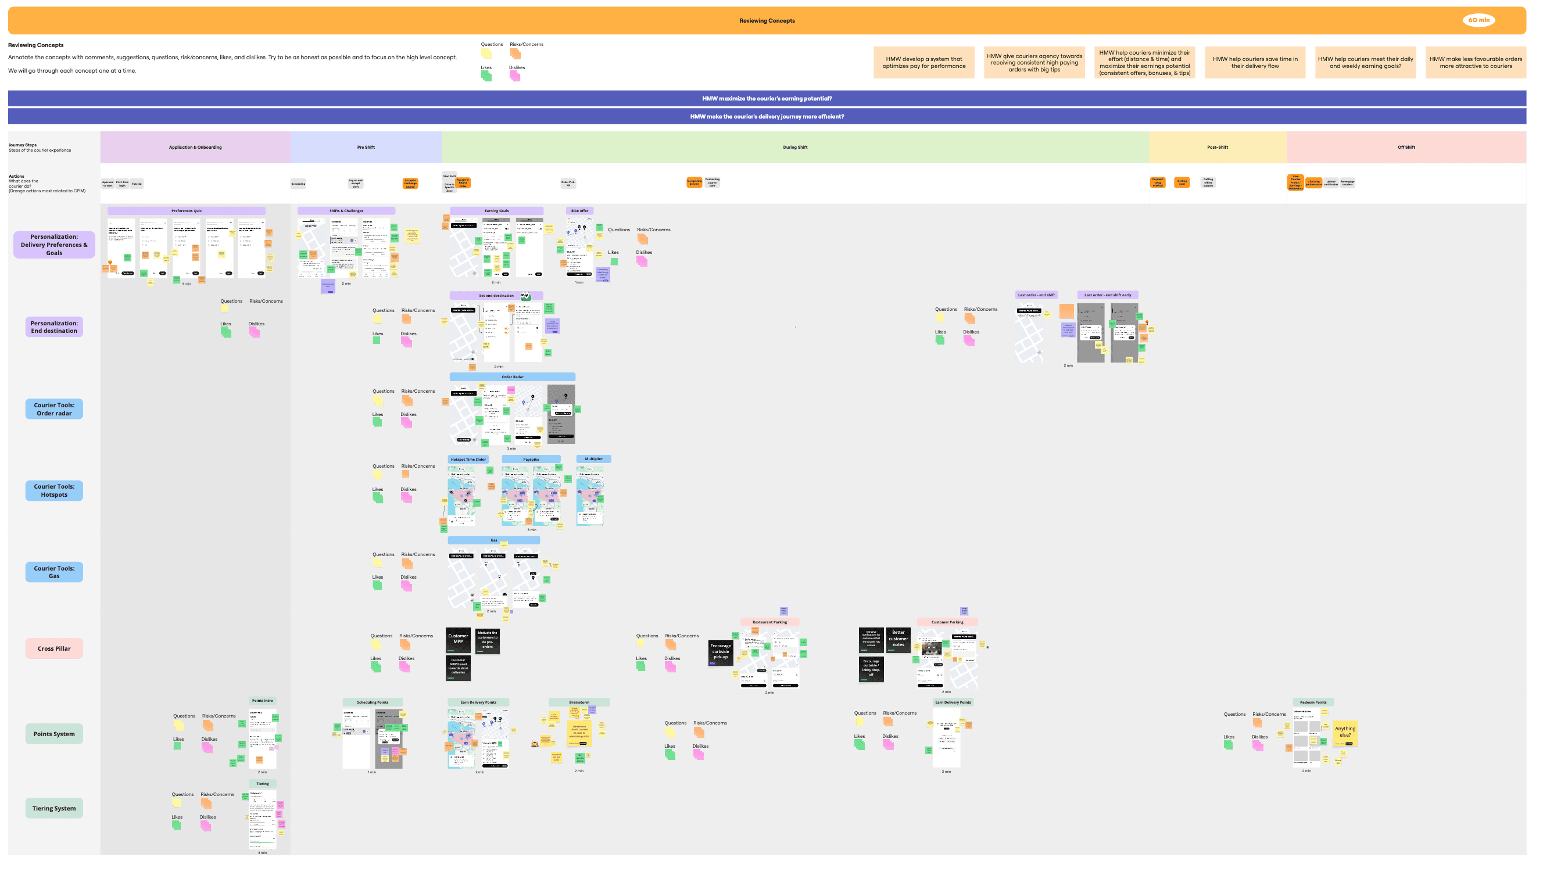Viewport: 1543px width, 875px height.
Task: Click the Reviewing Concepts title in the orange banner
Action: click(767, 21)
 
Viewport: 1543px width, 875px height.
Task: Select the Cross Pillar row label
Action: click(54, 648)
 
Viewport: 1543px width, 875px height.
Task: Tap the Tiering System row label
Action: click(54, 808)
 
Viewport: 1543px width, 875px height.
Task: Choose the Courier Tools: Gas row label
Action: click(54, 572)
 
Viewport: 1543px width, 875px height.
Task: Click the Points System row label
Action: click(54, 734)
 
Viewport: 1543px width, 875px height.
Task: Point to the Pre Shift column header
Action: click(366, 147)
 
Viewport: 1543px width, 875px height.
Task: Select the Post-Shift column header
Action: click(1217, 147)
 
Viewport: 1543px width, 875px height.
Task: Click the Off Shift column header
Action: click(1405, 147)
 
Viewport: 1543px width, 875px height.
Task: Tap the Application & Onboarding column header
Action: click(195, 147)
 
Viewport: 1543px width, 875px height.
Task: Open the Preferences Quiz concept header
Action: click(187, 211)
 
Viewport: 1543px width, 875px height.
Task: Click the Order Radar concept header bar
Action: click(512, 377)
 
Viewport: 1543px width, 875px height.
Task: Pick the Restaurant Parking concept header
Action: click(769, 622)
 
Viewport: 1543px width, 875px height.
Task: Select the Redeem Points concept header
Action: click(1313, 702)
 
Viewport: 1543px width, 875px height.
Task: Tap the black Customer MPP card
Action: click(458, 640)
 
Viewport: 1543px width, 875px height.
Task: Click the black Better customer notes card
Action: click(898, 640)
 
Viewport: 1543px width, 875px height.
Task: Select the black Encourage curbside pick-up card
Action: click(720, 652)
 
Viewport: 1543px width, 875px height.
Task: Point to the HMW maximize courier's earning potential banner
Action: click(767, 99)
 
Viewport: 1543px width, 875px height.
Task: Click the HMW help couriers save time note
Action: click(1255, 63)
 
